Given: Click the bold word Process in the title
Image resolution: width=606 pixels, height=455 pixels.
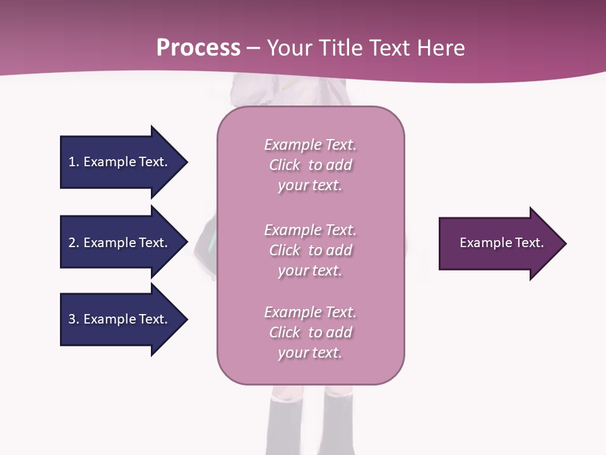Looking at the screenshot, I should [x=198, y=48].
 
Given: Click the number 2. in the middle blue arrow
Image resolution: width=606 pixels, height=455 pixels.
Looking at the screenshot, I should [x=73, y=243].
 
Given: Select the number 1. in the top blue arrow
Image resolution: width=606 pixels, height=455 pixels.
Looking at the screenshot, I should [x=73, y=162].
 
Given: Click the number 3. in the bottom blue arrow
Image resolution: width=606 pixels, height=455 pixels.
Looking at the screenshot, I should [x=73, y=319].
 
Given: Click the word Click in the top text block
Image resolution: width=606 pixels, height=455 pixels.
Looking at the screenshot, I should [x=285, y=165].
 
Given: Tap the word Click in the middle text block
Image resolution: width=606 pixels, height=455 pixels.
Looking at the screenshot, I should [x=285, y=250].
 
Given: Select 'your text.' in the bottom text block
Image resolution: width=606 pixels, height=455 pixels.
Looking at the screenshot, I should [x=310, y=353].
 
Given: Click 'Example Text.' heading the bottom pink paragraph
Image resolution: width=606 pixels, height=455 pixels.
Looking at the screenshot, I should [x=310, y=312].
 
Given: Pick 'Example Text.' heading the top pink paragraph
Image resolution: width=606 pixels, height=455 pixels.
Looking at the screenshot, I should [x=310, y=145].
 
